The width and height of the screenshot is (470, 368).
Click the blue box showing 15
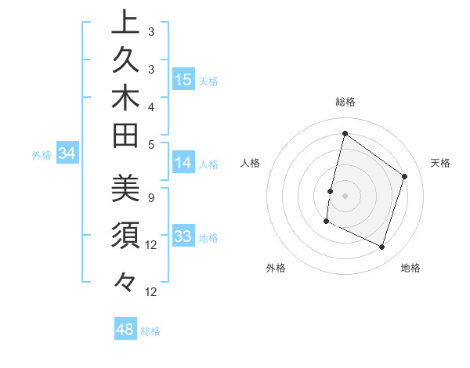click(183, 79)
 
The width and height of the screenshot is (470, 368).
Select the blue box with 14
click(183, 163)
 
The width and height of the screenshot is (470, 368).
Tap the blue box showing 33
click(183, 236)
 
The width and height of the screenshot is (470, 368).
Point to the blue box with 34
click(67, 154)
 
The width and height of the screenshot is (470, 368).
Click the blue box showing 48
click(125, 330)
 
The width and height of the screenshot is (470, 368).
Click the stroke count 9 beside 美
click(150, 197)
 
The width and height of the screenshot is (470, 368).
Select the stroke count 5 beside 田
click(150, 144)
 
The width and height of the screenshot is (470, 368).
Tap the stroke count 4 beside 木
click(150, 106)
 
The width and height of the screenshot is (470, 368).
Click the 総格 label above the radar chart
click(345, 102)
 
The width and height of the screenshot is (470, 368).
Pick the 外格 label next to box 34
click(42, 155)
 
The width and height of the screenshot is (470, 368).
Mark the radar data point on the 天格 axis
click(405, 176)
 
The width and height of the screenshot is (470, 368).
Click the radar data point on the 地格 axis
click(382, 247)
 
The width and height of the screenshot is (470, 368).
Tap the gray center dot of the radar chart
click(345, 196)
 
